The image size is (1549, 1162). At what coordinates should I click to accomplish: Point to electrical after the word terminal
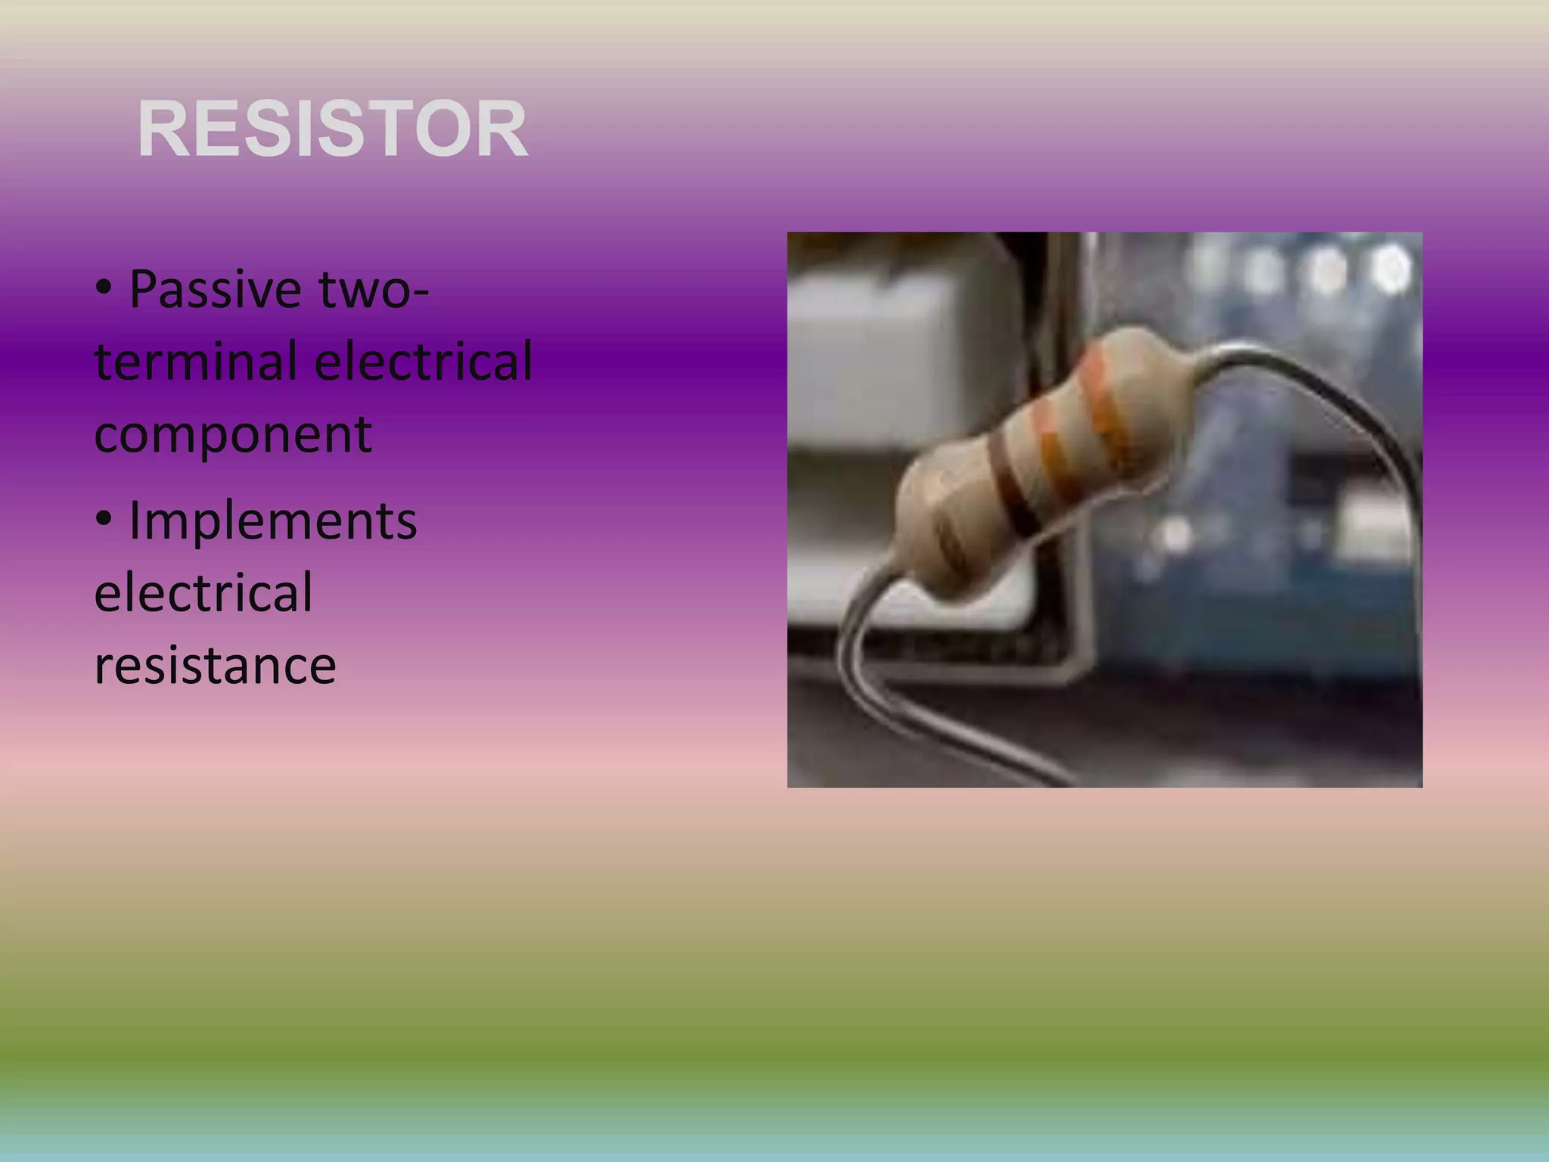pyautogui.click(x=423, y=361)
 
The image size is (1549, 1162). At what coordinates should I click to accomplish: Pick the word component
pyautogui.click(x=233, y=433)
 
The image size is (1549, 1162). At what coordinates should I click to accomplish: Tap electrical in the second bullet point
pyautogui.click(x=203, y=592)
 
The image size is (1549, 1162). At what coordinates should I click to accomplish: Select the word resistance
pyautogui.click(x=215, y=665)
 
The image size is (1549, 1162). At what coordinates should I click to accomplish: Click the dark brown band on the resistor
pyautogui.click(x=1014, y=484)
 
